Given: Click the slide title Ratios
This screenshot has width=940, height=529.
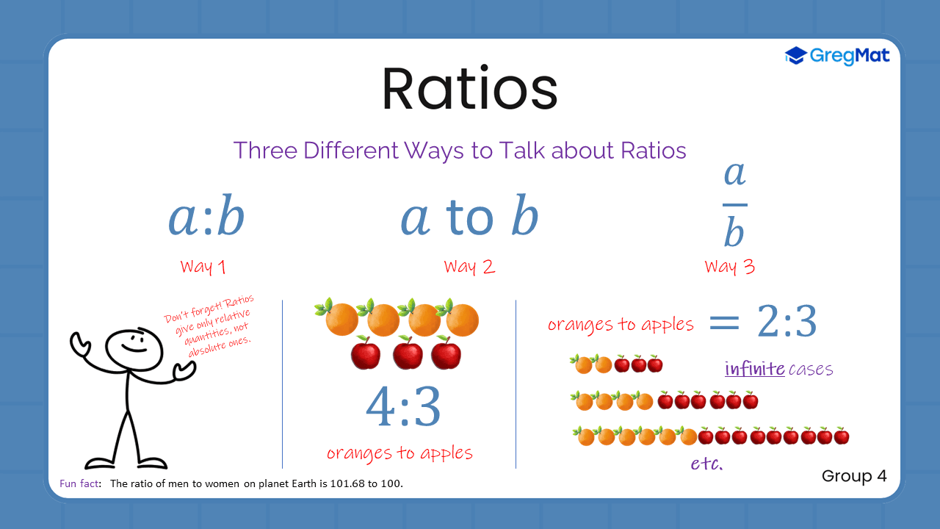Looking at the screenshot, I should click(x=469, y=90).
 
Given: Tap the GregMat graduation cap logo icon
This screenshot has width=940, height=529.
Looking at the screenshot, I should click(x=795, y=56).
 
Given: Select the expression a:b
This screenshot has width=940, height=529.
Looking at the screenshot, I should click(x=206, y=218).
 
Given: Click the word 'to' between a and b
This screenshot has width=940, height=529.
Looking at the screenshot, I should click(x=470, y=218).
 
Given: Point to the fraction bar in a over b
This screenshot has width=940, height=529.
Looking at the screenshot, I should click(x=734, y=205).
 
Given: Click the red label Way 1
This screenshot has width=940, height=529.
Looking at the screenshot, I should click(x=203, y=266).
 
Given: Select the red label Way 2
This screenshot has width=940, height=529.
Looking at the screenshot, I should click(x=469, y=266).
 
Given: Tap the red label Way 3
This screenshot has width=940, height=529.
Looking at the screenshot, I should click(x=729, y=266).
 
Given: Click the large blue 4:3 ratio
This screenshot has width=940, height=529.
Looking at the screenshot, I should click(x=403, y=407).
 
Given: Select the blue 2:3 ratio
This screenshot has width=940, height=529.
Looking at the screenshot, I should click(x=787, y=322).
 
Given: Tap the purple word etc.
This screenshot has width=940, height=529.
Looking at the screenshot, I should click(x=706, y=464).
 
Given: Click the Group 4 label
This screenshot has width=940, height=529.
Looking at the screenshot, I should click(x=854, y=476).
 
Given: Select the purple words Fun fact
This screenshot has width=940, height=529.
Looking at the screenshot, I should click(x=79, y=483).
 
